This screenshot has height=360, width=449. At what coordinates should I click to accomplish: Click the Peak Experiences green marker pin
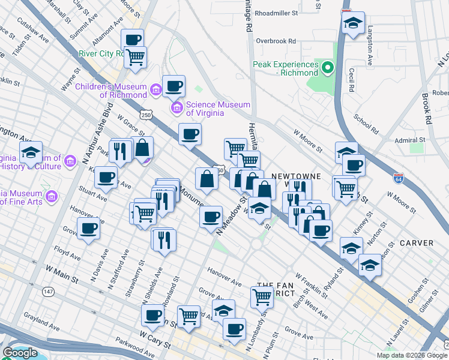[x=328, y=68]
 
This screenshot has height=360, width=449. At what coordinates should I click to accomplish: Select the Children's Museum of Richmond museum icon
[x=155, y=90]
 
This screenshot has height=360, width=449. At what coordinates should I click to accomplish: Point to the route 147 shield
[x=48, y=291]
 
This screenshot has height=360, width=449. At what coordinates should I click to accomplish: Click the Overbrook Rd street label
[x=276, y=41]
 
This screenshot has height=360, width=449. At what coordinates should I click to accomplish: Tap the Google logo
[x=20, y=353]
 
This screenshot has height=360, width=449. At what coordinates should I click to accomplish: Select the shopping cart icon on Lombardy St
[x=262, y=296]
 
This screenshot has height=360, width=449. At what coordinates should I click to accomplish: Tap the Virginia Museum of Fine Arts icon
[x=51, y=196]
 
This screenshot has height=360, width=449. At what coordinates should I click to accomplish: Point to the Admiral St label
[x=411, y=139]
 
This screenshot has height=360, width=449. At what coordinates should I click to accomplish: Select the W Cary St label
[x=156, y=340]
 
